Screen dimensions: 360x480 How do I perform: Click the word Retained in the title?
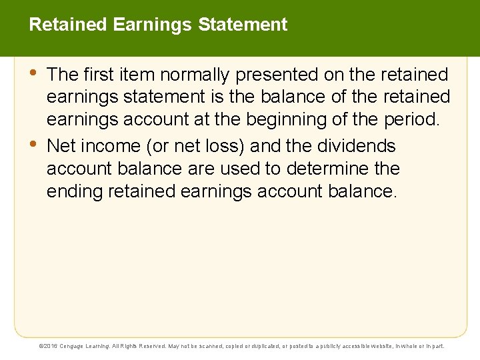[x=69, y=25]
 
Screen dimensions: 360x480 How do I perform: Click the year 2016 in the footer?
[x=51, y=346]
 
